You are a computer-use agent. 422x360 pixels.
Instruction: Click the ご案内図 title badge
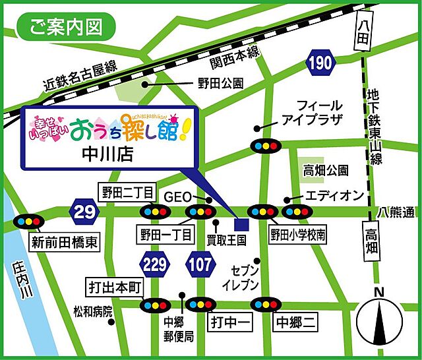tap(65, 28)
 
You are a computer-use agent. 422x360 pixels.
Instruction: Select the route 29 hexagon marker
tap(84, 212)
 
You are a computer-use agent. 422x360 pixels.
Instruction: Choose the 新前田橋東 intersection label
tap(64, 242)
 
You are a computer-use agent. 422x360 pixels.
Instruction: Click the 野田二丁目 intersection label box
tap(128, 193)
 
